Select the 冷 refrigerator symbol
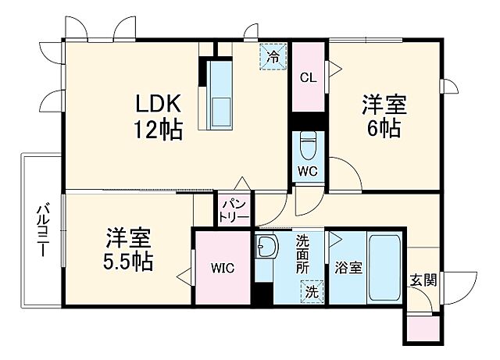273,56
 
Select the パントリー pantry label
234,209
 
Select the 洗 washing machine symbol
311,293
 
